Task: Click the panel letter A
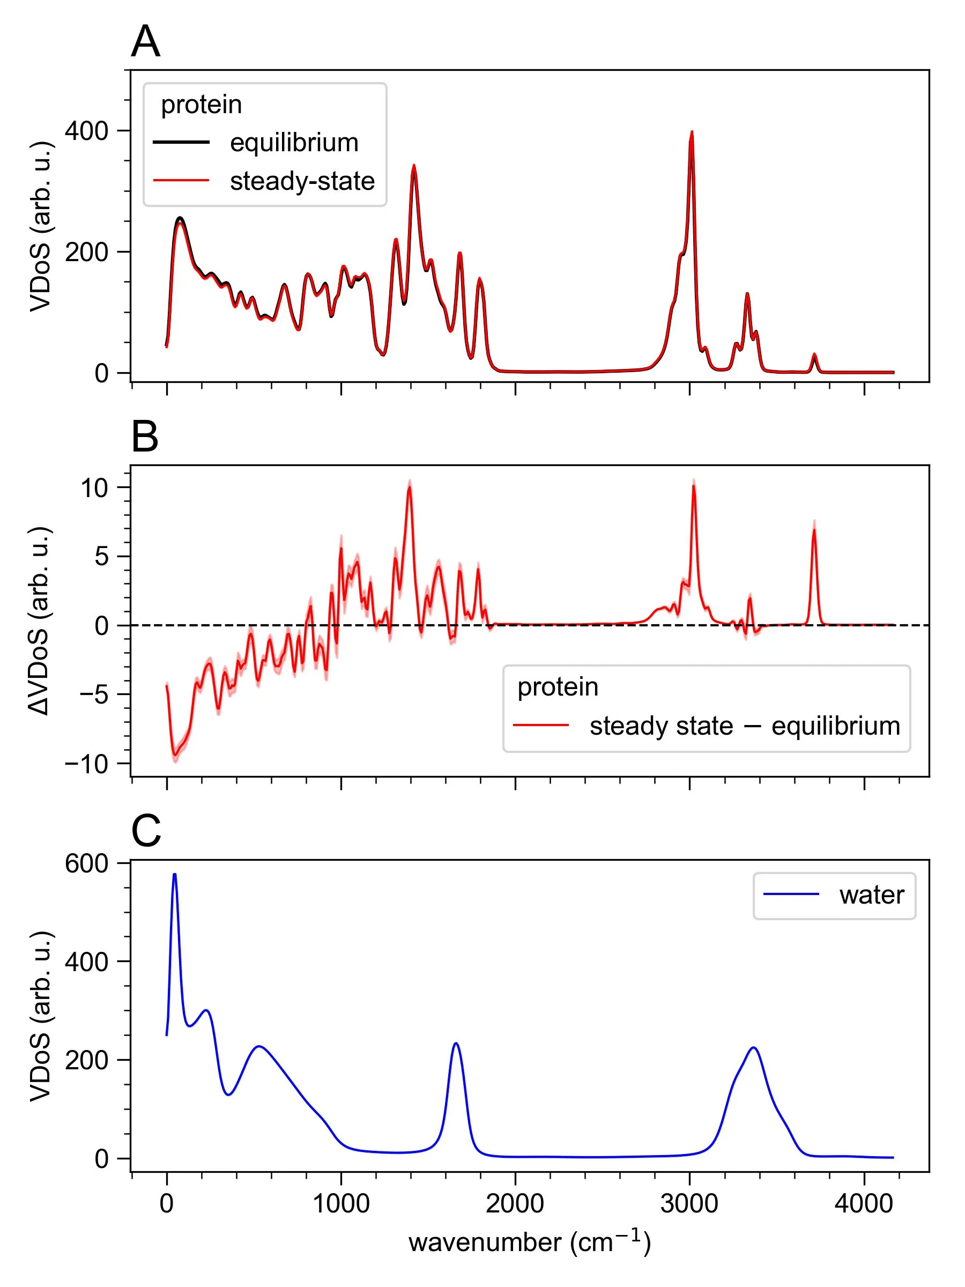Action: coord(145,42)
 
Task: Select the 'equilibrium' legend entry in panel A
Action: coord(294,143)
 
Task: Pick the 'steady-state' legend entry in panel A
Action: coord(302,181)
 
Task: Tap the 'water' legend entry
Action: coord(871,894)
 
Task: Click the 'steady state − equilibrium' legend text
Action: coord(745,726)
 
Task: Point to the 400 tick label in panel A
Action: coord(86,131)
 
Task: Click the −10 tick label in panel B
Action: coord(87,764)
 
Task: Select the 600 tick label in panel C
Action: coord(86,863)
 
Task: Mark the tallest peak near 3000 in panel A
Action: coord(692,132)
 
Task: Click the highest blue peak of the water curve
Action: coord(174,875)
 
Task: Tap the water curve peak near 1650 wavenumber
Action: coord(456,1043)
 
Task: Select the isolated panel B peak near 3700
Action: coord(814,530)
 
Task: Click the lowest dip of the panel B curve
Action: coord(174,755)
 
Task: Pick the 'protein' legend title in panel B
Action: coord(557,687)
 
